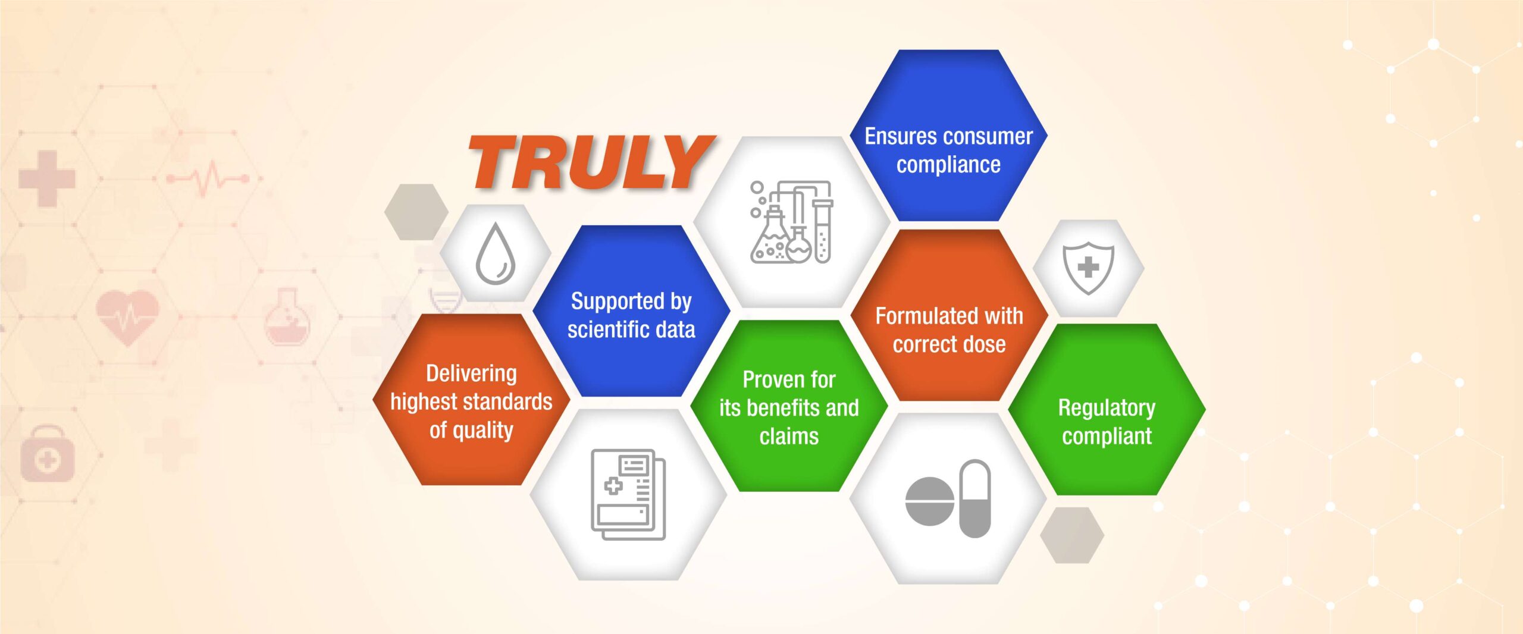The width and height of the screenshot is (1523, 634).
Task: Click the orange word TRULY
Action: click(592, 162)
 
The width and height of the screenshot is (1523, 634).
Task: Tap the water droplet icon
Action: click(495, 254)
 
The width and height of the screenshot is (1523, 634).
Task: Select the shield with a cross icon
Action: click(1088, 268)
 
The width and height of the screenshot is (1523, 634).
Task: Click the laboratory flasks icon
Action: click(791, 222)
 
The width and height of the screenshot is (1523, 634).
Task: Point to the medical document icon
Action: click(628, 494)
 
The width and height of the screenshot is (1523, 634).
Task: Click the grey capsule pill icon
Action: click(975, 498)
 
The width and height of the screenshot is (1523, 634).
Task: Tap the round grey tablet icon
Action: click(929, 501)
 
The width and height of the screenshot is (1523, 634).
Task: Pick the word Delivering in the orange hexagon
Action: click(471, 374)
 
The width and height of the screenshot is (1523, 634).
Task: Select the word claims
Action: click(789, 436)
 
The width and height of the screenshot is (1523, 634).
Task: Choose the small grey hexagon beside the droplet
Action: click(416, 212)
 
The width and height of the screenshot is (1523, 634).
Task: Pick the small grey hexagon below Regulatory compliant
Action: click(1072, 535)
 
